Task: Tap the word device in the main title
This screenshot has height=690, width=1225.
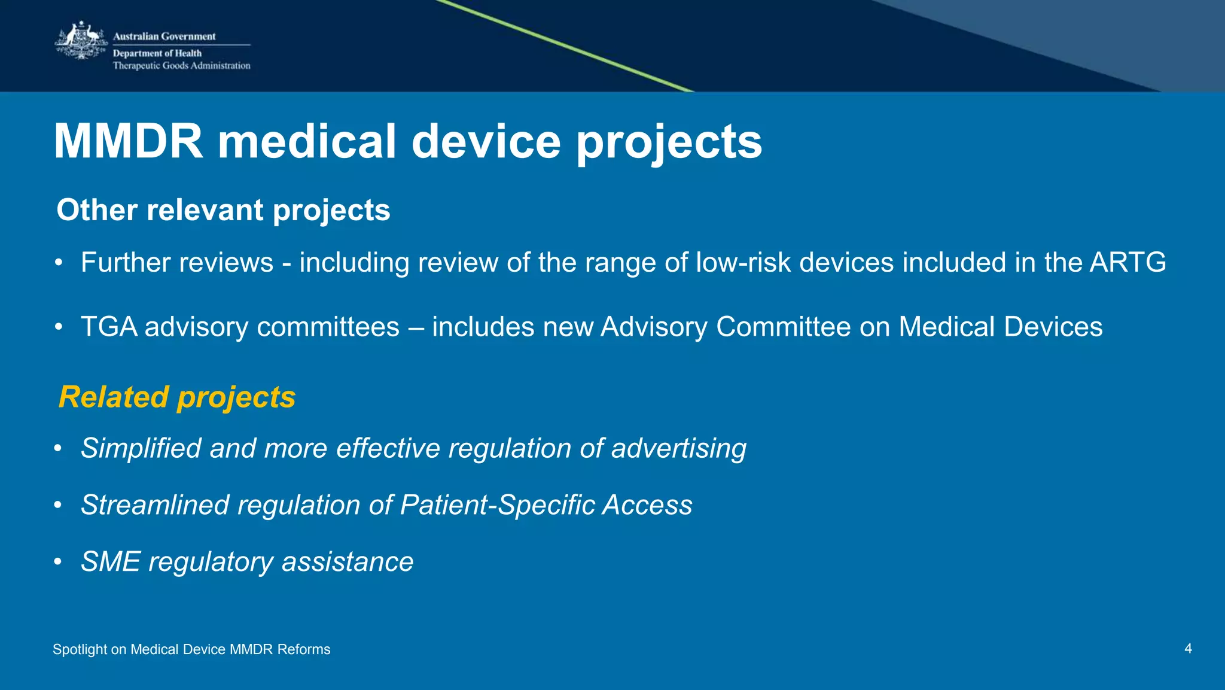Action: (486, 142)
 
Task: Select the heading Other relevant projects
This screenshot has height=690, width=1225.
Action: (223, 210)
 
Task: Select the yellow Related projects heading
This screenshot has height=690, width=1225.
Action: (177, 397)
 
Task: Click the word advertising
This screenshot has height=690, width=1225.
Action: (678, 449)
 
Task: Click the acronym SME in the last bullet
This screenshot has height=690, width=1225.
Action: (111, 562)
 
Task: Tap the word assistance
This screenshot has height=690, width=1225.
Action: (348, 562)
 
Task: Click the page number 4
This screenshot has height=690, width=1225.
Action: (1188, 649)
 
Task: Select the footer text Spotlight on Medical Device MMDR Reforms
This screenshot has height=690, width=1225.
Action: (191, 649)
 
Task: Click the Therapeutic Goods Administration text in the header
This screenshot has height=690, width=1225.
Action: (181, 66)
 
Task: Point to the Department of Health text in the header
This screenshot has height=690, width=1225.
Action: (157, 53)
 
